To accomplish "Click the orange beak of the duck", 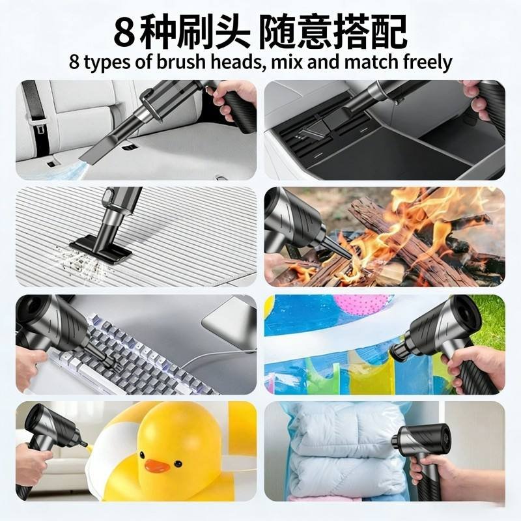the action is pyautogui.click(x=157, y=466).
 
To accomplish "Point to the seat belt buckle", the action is pyautogui.click(x=39, y=126).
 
